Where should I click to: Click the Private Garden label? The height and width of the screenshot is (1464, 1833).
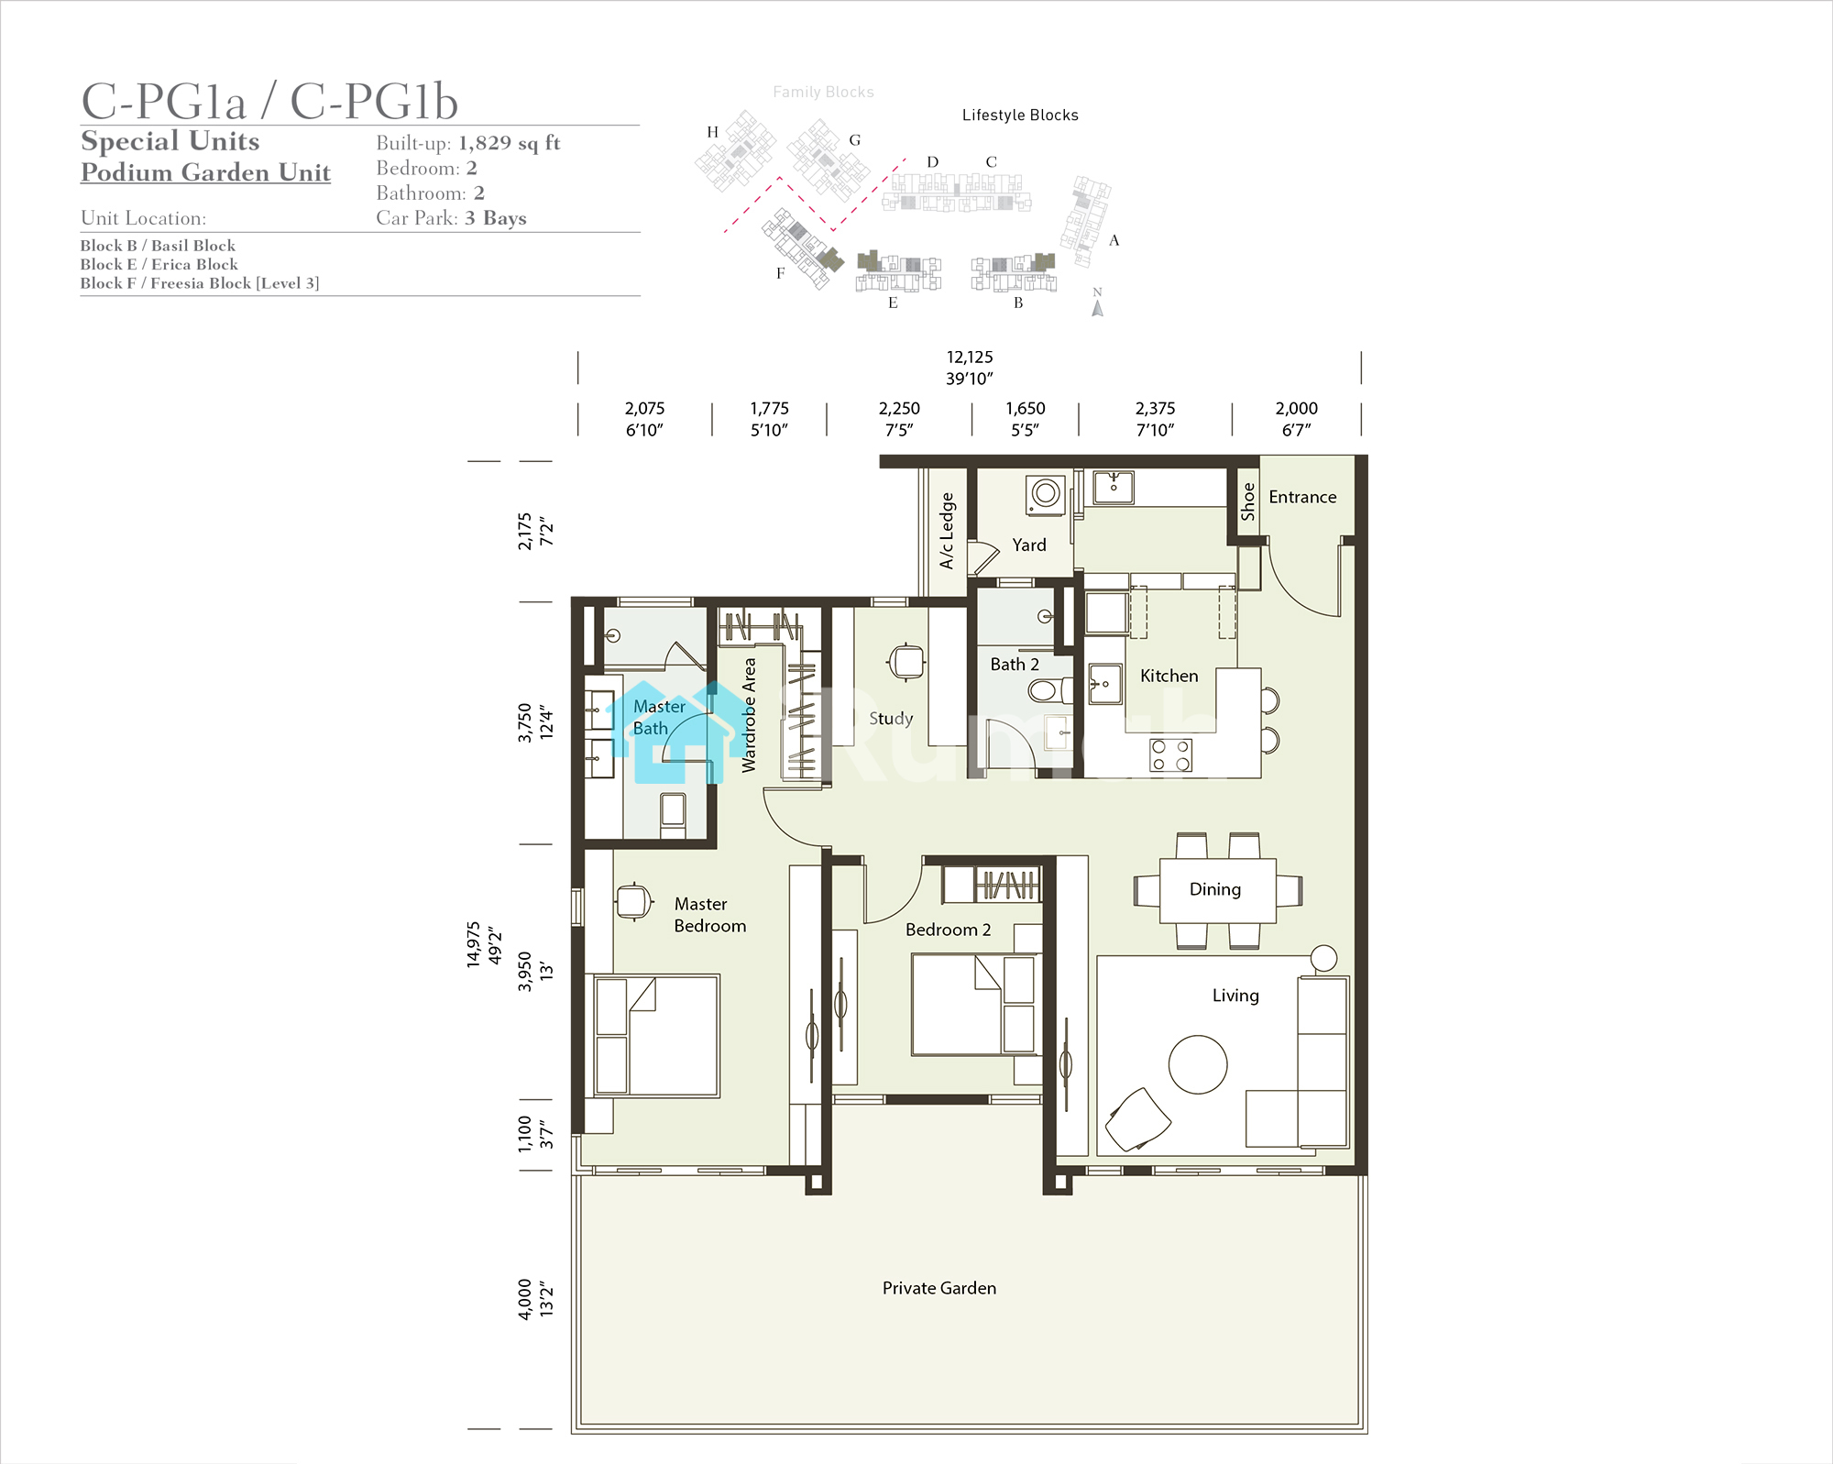pyautogui.click(x=938, y=1288)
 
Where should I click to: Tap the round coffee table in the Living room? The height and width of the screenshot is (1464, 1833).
pyautogui.click(x=1198, y=1064)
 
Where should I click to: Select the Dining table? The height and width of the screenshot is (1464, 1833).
pyautogui.click(x=1217, y=890)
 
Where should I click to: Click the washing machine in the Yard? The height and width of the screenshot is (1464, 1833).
pyautogui.click(x=1046, y=494)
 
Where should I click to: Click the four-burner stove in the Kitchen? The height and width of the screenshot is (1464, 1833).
pyautogui.click(x=1171, y=755)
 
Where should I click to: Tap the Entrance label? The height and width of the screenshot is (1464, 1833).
pyautogui.click(x=1302, y=497)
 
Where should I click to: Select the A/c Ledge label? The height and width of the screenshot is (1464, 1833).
pyautogui.click(x=947, y=531)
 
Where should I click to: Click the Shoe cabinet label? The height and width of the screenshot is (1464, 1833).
pyautogui.click(x=1247, y=501)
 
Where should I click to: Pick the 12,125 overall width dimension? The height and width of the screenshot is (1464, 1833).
pyautogui.click(x=970, y=358)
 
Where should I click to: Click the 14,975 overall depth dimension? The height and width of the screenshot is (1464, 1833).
pyautogui.click(x=474, y=944)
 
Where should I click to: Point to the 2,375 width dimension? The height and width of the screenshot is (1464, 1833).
pyautogui.click(x=1155, y=409)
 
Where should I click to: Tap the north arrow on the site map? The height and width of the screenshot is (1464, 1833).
pyautogui.click(x=1097, y=308)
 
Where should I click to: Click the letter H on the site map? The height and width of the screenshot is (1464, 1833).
pyautogui.click(x=712, y=132)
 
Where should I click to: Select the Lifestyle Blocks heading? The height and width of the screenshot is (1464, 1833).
pyautogui.click(x=1020, y=116)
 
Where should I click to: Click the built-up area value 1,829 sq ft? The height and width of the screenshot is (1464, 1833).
pyautogui.click(x=509, y=143)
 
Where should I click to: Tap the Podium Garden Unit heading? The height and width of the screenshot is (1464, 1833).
pyautogui.click(x=205, y=172)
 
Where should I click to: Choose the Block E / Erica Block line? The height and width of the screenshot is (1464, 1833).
pyautogui.click(x=159, y=264)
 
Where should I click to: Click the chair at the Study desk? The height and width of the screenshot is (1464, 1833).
pyautogui.click(x=906, y=661)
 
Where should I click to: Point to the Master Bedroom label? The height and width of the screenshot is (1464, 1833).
pyautogui.click(x=710, y=915)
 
